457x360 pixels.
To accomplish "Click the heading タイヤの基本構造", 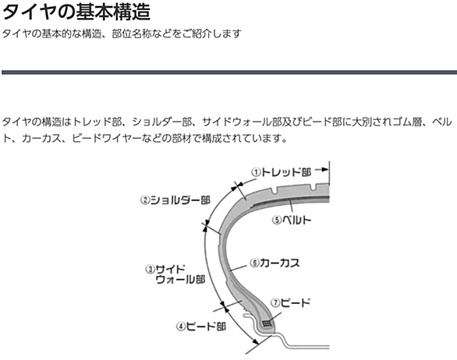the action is [76, 12].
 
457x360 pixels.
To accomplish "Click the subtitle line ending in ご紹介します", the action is [122, 34].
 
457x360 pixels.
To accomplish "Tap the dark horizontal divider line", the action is [229, 72].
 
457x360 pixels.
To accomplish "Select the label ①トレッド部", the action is [282, 172].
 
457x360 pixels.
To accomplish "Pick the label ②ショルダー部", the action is [175, 200].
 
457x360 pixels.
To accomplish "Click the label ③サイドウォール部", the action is [175, 274].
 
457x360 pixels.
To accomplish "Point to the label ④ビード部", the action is [201, 326].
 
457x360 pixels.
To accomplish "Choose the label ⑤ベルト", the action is [292, 220].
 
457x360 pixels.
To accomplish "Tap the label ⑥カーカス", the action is [275, 263].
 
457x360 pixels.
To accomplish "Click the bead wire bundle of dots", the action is [267, 323].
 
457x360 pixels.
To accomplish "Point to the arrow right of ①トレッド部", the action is [321, 170].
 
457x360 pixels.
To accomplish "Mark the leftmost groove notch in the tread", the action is [275, 190].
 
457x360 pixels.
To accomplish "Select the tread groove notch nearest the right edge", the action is [313, 188].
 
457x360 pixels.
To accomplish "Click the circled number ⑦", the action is [275, 303].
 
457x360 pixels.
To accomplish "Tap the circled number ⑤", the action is [277, 220].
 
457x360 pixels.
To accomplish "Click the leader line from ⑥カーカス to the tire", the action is [239, 268].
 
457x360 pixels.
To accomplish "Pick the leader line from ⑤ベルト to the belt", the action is [291, 206].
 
